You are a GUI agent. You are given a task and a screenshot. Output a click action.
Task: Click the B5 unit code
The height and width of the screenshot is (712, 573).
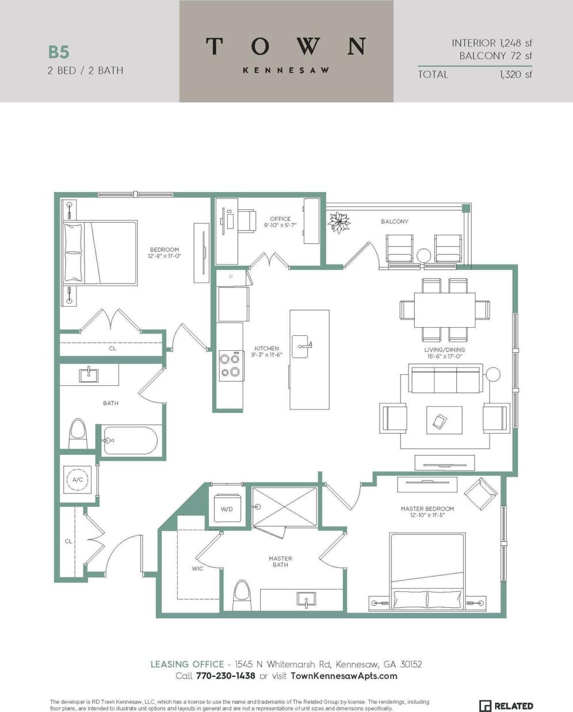[x=59, y=52]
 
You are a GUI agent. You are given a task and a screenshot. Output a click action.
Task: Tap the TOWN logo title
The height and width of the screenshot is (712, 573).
[x=286, y=46]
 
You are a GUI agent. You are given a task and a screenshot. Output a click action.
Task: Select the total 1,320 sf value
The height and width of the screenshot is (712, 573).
[x=515, y=74]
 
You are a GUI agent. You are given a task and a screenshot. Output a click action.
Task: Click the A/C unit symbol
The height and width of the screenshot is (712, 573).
[x=78, y=479]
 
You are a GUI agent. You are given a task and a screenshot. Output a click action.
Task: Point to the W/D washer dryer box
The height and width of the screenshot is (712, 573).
[x=227, y=508]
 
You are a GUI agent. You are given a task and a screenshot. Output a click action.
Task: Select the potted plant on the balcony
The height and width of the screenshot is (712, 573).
[x=339, y=223]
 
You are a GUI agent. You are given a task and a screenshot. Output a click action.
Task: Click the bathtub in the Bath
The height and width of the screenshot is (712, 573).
[x=130, y=441]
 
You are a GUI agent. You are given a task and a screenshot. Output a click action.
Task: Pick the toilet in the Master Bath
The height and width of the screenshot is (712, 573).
[x=242, y=594]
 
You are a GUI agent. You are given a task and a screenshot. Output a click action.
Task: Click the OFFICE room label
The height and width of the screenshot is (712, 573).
[x=280, y=219]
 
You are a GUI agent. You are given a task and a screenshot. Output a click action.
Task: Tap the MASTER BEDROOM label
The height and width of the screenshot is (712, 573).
[x=427, y=508]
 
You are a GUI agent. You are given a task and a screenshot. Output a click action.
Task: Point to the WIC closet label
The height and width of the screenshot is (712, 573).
[x=197, y=569]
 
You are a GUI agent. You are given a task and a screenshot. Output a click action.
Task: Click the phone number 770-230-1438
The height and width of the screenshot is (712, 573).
[x=225, y=676]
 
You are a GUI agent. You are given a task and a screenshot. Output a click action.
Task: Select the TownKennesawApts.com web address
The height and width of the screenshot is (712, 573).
[x=344, y=676]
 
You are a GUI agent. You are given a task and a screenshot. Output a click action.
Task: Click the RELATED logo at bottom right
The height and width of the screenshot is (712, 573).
[x=506, y=706]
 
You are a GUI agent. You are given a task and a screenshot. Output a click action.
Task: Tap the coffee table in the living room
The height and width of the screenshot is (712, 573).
[x=444, y=420]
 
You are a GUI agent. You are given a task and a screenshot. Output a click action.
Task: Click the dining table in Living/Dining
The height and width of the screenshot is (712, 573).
[x=445, y=309]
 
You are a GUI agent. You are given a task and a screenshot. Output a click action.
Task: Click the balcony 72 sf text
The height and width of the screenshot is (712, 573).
[x=495, y=56]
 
